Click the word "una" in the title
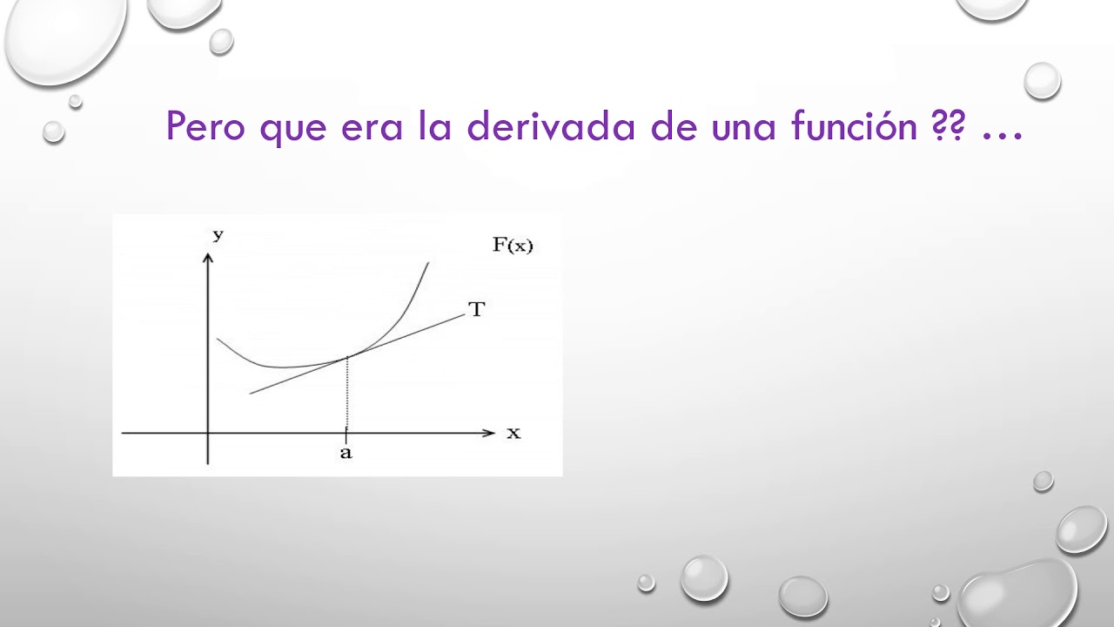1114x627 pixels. coord(742,129)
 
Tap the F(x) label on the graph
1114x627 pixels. coord(513,246)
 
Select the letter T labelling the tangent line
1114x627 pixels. coord(476,309)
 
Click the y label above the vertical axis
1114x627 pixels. coord(218,234)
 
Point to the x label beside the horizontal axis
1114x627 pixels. coord(513,432)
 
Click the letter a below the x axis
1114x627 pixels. coord(346,454)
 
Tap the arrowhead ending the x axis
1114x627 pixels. coord(488,432)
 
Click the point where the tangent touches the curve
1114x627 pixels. coord(347,356)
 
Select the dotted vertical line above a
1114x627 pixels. coord(347,394)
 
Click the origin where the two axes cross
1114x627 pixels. coord(208,432)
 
